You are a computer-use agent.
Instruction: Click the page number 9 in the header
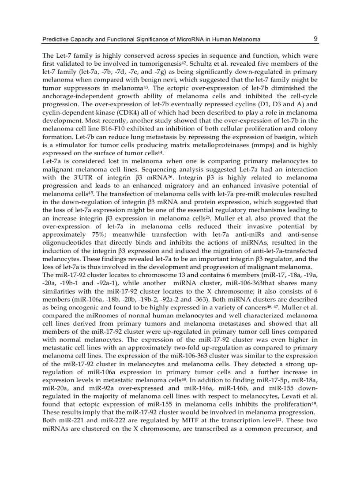315,39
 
